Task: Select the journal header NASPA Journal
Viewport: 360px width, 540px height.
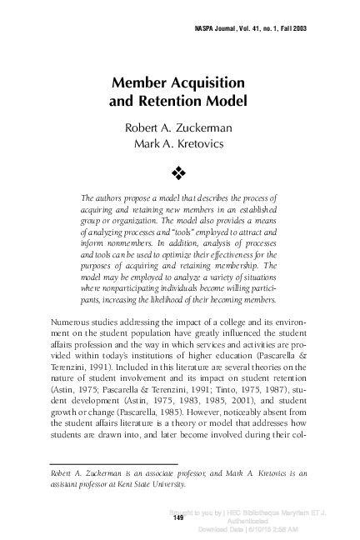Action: coord(219,28)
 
